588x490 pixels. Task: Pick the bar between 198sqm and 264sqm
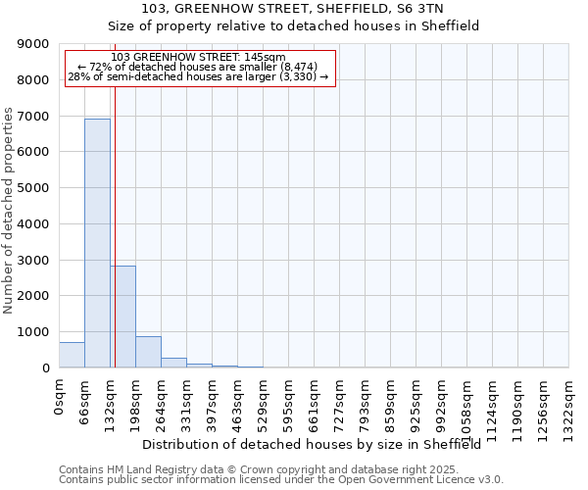148,352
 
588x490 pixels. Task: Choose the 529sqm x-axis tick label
264,402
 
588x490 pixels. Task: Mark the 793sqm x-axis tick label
366,402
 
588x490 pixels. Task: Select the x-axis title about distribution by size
318,445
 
